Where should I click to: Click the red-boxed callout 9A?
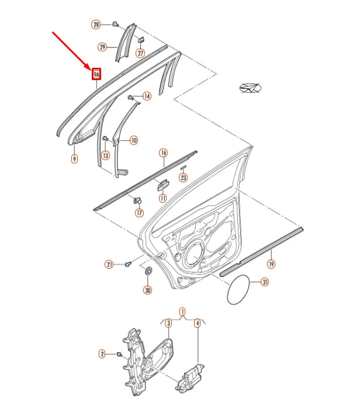(x=96, y=75)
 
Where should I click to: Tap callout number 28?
(x=96, y=25)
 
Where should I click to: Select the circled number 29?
(x=102, y=47)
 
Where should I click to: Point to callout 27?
(x=140, y=53)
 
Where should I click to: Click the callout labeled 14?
(x=147, y=96)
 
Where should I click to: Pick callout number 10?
(x=134, y=141)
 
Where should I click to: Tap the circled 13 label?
(x=105, y=155)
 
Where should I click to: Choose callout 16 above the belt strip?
(x=163, y=152)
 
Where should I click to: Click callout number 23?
(x=184, y=178)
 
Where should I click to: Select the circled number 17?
(x=140, y=213)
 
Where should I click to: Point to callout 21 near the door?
(x=109, y=265)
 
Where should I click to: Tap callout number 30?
(x=148, y=290)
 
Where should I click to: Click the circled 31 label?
(x=265, y=282)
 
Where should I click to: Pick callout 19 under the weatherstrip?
(x=271, y=264)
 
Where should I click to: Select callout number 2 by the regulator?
(x=102, y=354)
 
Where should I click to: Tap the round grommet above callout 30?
(x=148, y=270)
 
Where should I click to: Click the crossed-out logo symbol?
(x=250, y=88)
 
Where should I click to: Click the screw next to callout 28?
(x=116, y=25)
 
